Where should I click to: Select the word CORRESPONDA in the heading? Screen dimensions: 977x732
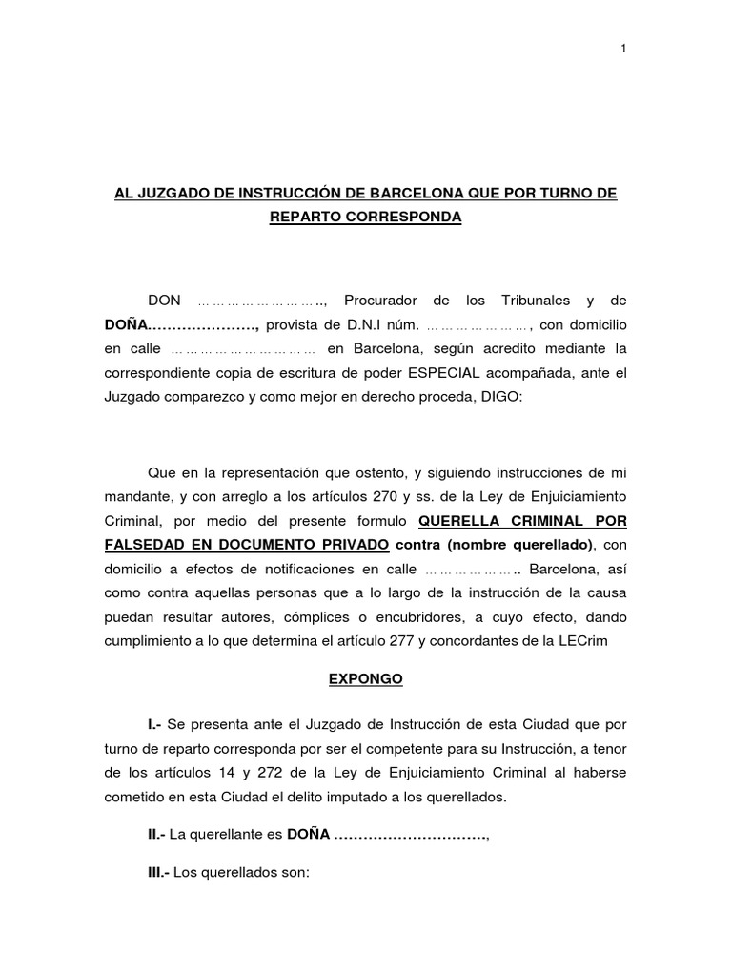click(415, 218)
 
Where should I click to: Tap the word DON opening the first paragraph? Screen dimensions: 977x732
click(164, 301)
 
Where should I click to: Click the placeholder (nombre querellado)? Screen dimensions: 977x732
click(514, 544)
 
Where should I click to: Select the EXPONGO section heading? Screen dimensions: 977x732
click(366, 679)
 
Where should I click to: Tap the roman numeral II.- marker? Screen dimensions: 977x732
click(156, 834)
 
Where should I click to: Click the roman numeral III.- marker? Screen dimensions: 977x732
click(158, 873)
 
